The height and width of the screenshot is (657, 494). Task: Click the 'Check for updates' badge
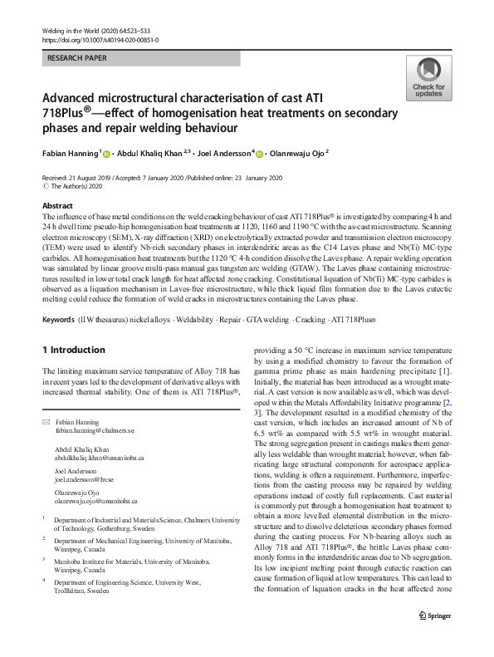click(x=428, y=80)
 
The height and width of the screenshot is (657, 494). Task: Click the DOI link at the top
click(x=100, y=40)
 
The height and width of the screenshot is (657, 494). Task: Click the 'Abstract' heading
click(x=59, y=204)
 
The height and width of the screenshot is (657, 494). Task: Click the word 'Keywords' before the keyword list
click(x=63, y=321)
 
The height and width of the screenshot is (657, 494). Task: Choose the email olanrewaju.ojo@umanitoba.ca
click(x=96, y=502)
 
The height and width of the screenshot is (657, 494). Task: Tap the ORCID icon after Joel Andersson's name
click(x=260, y=154)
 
